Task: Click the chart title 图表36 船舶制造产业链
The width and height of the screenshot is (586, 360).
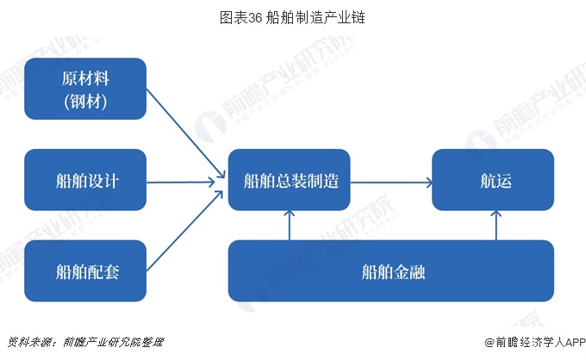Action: [x=293, y=16]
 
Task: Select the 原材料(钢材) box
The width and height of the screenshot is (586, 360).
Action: [x=84, y=90]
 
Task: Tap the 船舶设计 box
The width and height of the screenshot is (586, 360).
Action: [x=84, y=181]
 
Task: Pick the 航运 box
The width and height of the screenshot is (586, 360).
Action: [x=493, y=181]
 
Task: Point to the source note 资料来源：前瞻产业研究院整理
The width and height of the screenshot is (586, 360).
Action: [x=84, y=342]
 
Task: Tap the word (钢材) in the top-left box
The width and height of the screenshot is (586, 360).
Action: [x=84, y=104]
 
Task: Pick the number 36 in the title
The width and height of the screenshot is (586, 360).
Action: [x=254, y=16]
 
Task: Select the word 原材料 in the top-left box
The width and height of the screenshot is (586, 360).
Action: [x=84, y=78]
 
